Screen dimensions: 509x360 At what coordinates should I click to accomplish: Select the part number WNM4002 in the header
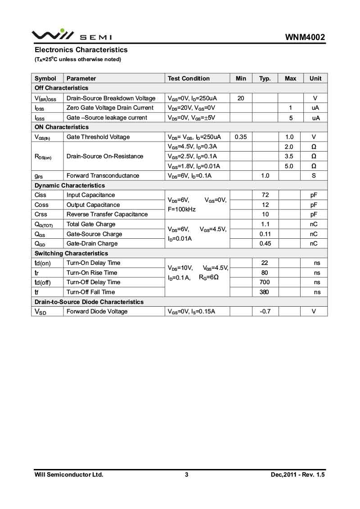(x=305, y=37)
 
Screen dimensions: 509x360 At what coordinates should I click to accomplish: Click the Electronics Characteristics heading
(x=81, y=50)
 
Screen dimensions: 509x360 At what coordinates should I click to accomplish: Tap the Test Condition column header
(x=189, y=78)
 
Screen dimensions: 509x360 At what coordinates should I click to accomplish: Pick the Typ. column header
(x=265, y=78)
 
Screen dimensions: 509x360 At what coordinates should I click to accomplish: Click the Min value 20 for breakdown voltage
(x=241, y=98)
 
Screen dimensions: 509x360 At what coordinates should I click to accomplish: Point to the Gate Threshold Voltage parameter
(x=98, y=137)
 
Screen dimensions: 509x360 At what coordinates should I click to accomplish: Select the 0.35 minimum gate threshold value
(x=241, y=137)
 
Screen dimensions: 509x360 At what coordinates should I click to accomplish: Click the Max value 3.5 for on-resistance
(x=289, y=156)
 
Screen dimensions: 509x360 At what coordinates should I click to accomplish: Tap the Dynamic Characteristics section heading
(x=70, y=185)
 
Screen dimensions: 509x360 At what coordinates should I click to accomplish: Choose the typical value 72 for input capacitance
(x=265, y=195)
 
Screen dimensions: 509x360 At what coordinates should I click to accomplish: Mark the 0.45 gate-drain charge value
(x=265, y=243)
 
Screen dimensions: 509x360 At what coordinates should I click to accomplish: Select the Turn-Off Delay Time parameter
(x=94, y=282)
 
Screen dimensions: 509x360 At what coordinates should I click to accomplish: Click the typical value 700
(x=265, y=282)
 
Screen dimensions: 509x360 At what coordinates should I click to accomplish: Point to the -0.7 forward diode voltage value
(x=265, y=311)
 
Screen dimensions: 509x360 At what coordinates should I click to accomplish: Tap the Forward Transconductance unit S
(x=314, y=175)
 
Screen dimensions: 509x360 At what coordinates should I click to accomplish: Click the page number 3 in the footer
(x=186, y=474)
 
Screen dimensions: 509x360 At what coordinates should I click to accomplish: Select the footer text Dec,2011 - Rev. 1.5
(x=297, y=474)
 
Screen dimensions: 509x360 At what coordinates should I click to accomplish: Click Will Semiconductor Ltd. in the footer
(x=69, y=474)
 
